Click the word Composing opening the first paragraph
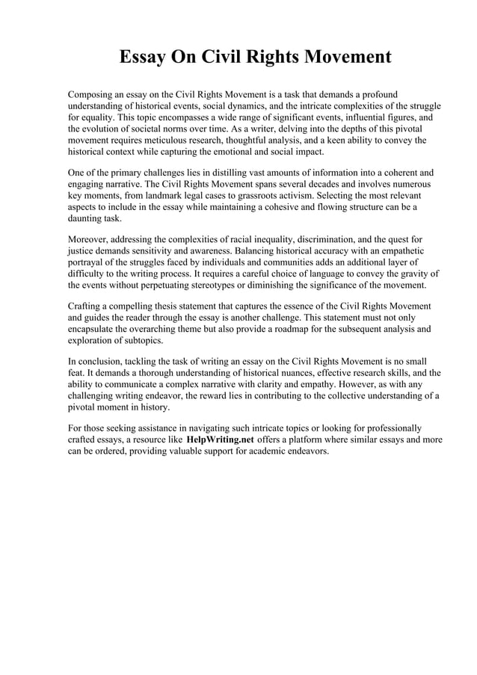[93, 95]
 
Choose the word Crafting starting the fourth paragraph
[87, 306]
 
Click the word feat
[77, 373]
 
